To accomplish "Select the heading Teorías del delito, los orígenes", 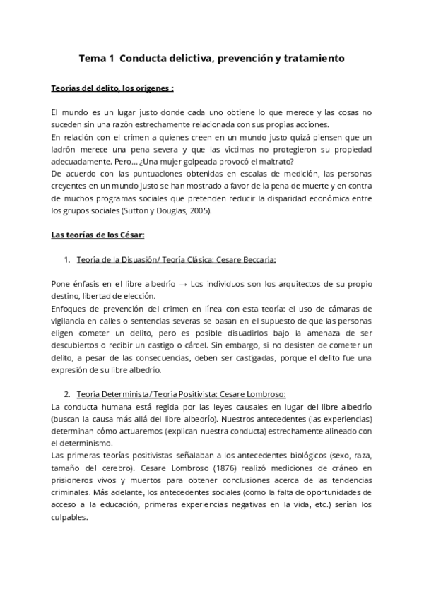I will (x=112, y=89).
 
